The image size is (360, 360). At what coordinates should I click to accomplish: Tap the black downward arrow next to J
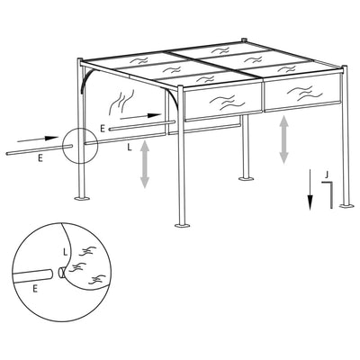click(x=310, y=188)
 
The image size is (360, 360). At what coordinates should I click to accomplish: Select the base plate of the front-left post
click(x=80, y=199)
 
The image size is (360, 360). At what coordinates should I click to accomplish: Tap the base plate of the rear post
click(x=246, y=178)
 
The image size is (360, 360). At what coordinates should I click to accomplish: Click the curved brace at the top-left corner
click(x=84, y=81)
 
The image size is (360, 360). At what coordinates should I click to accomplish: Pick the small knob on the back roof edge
click(x=244, y=40)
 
